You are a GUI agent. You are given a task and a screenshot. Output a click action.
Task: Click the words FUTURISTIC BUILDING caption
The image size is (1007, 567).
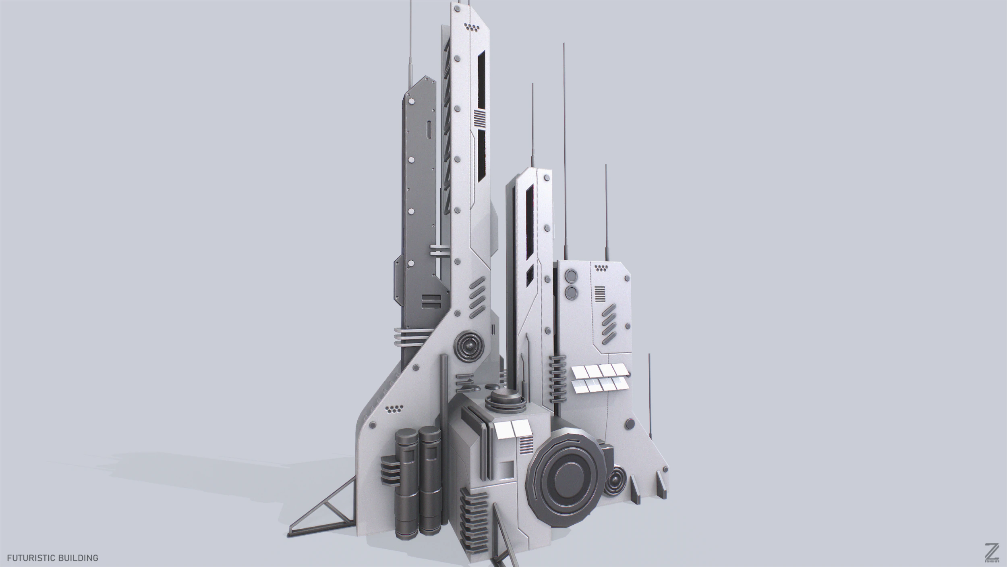coord(52,558)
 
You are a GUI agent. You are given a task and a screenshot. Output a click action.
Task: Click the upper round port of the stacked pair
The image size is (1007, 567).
coord(571,276)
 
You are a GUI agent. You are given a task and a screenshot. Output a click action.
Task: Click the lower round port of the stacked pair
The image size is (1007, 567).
coord(571,292)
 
